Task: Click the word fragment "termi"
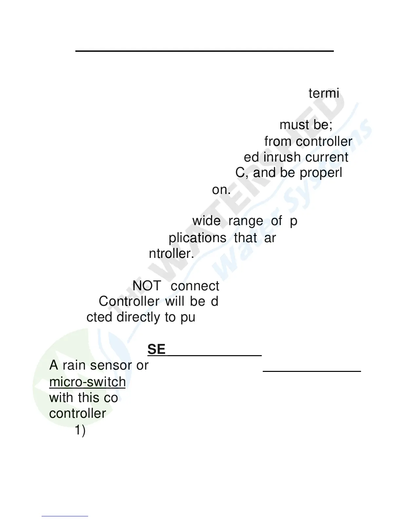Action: click(x=324, y=93)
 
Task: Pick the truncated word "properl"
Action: click(x=321, y=173)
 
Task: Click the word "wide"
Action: click(x=206, y=221)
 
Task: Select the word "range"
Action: click(x=245, y=221)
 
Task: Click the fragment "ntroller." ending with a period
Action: click(x=171, y=253)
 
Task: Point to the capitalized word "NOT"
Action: click(x=146, y=286)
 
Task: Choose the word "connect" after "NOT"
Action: click(x=195, y=286)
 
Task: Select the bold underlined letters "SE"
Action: click(x=156, y=349)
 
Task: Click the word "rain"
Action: click(x=76, y=365)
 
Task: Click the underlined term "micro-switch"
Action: click(x=87, y=382)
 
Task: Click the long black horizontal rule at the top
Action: click(x=204, y=51)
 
